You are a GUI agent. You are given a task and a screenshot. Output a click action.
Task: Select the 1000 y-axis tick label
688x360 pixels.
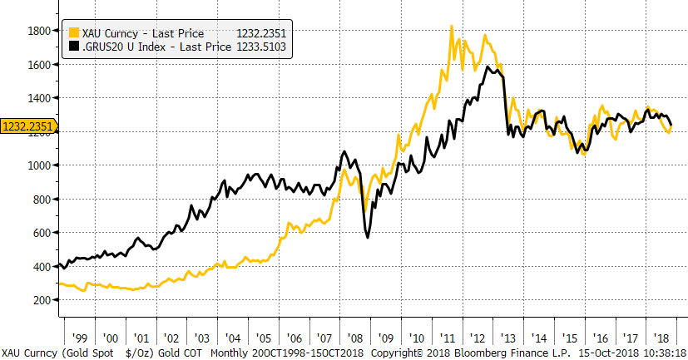[41, 165]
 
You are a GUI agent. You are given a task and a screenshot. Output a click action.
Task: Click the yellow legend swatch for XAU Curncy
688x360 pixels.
[73, 33]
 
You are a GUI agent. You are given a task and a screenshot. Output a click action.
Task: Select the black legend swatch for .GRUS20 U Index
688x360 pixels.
[73, 47]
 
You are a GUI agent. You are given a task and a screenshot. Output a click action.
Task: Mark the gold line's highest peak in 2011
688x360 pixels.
[451, 27]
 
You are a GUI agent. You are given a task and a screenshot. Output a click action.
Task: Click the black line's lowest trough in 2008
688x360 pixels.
[368, 238]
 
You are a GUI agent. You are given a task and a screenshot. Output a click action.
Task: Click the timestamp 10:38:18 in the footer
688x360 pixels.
[660, 352]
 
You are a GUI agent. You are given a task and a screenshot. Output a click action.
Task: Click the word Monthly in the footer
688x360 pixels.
[232, 352]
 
